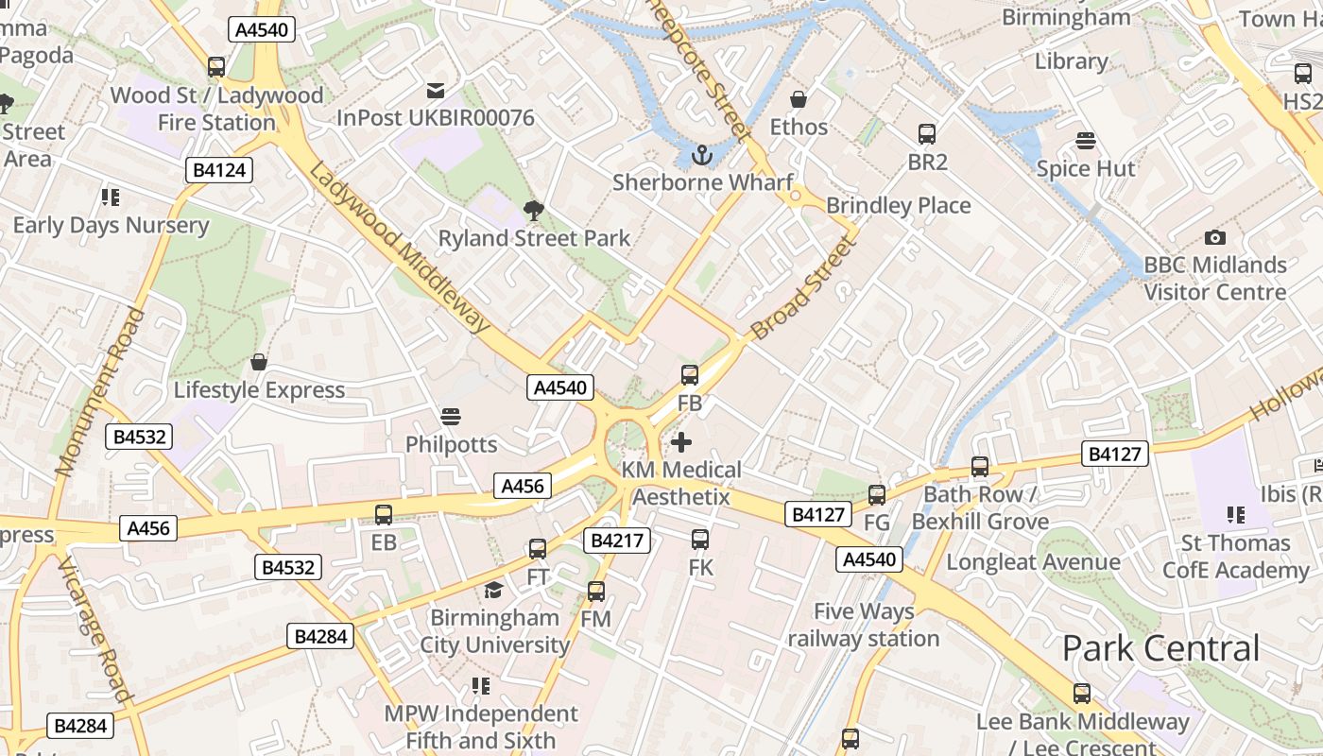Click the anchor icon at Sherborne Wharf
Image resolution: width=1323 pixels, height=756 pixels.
(x=701, y=154)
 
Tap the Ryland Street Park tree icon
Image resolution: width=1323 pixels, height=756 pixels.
(x=534, y=211)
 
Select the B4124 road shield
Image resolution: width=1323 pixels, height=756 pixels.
(x=219, y=170)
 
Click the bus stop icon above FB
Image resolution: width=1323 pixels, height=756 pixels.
(x=690, y=375)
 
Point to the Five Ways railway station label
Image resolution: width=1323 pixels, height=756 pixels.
(x=863, y=625)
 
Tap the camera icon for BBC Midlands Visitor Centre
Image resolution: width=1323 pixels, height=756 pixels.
(x=1215, y=237)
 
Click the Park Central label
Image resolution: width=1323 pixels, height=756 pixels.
(x=1160, y=648)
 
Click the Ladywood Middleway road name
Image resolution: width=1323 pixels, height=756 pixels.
(x=400, y=249)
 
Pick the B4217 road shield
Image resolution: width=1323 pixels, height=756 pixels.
(x=617, y=541)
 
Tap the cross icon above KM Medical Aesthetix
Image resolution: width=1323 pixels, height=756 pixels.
(x=680, y=441)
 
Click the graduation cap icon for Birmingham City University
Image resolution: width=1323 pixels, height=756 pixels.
(x=493, y=591)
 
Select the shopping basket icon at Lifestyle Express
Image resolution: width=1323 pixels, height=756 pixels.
(x=259, y=362)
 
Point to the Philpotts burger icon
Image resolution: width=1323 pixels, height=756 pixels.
(x=451, y=416)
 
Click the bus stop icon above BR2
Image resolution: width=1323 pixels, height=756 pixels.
(x=927, y=134)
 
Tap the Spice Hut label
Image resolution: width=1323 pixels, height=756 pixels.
(x=1086, y=169)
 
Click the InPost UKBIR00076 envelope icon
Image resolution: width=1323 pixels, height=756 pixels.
(x=436, y=91)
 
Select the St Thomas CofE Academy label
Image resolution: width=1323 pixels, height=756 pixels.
(x=1235, y=557)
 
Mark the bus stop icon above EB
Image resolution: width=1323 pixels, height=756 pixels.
(x=384, y=515)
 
